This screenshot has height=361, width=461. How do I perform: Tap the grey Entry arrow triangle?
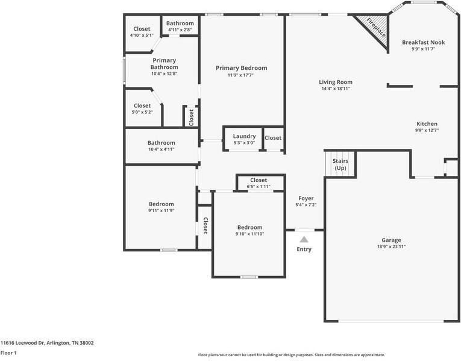[304, 239]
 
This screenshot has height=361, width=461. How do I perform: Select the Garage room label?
[391, 240]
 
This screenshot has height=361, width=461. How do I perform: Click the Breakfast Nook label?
[424, 42]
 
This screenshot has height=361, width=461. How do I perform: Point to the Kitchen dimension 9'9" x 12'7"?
[427, 130]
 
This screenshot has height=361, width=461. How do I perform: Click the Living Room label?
[336, 82]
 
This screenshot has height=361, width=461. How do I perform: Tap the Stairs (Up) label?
[340, 165]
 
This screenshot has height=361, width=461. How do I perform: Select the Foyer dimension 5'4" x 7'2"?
[306, 204]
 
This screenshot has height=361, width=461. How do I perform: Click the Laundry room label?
[244, 136]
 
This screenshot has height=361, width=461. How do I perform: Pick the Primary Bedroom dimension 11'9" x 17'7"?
[240, 75]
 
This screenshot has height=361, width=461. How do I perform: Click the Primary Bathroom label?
[164, 63]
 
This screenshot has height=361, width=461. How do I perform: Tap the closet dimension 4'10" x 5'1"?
[142, 36]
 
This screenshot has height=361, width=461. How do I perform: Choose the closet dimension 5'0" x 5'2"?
[142, 112]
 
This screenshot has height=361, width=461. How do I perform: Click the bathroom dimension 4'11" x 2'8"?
[180, 30]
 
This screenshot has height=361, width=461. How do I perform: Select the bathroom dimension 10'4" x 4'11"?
[162, 149]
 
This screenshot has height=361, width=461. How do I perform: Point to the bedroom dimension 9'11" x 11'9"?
[162, 210]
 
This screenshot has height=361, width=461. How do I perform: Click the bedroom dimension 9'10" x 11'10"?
[250, 234]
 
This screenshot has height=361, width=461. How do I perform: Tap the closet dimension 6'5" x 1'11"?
[259, 186]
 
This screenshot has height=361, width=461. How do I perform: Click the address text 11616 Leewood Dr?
[22, 343]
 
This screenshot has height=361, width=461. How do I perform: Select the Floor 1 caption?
[8, 353]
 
